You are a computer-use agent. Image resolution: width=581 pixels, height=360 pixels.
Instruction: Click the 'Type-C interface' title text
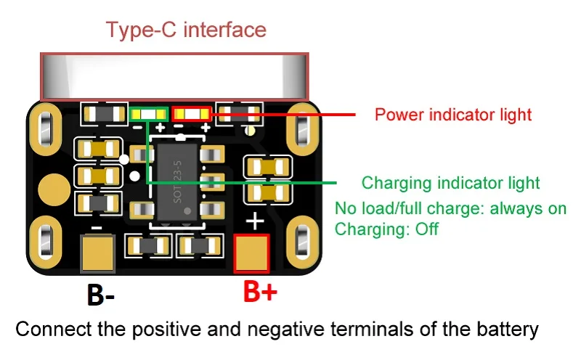[186, 30]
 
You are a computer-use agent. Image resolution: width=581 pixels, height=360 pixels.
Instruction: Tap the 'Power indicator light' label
[453, 115]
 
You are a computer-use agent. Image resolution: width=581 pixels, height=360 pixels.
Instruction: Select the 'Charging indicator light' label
[450, 183]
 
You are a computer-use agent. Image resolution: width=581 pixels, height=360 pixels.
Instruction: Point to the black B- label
[101, 295]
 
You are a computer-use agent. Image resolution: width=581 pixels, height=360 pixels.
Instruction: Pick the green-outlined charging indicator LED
[148, 114]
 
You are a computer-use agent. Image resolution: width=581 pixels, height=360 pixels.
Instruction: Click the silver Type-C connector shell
[174, 76]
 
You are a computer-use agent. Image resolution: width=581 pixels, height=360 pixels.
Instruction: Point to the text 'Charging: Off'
[386, 229]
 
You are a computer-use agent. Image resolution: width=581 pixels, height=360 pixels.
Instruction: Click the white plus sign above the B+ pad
[256, 221]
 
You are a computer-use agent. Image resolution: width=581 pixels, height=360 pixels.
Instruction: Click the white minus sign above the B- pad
[97, 227]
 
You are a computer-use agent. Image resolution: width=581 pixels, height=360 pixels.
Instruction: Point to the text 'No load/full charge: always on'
[450, 209]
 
